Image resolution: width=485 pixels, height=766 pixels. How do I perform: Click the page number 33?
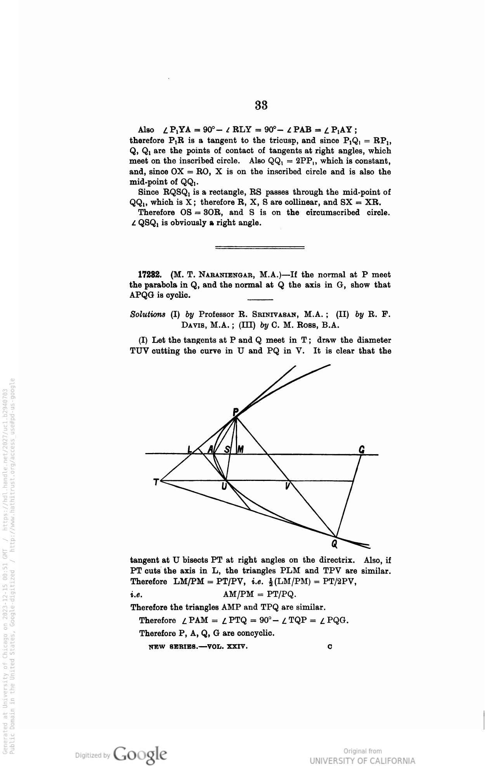(262, 105)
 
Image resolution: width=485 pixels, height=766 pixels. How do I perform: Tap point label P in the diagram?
(235, 412)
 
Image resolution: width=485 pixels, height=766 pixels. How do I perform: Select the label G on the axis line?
(362, 449)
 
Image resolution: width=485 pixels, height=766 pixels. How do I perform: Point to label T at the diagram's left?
(156, 482)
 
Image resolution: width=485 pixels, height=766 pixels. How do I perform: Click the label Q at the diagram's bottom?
(334, 545)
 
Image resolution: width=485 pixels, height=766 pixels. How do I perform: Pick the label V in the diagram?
(287, 486)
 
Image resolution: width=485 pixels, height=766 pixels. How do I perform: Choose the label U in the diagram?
(224, 486)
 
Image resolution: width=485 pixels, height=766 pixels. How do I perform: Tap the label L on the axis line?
(190, 450)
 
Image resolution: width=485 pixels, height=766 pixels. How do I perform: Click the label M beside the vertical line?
(240, 450)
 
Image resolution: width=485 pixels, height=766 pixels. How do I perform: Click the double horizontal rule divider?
(260, 247)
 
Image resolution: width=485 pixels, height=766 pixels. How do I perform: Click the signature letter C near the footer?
(329, 647)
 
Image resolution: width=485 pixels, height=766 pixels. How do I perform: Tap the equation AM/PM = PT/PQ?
(260, 594)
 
